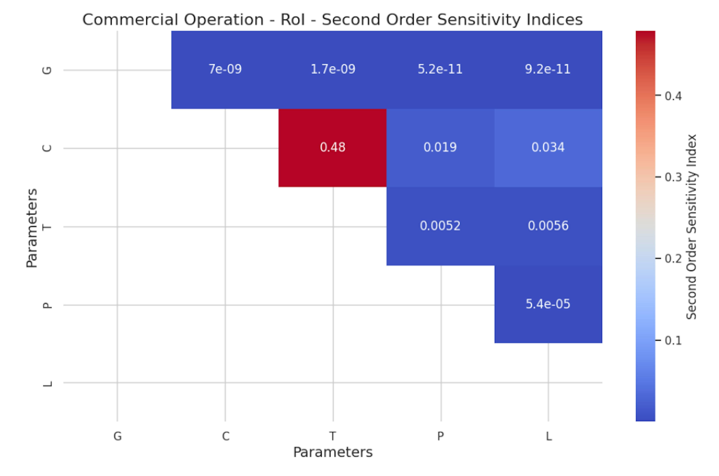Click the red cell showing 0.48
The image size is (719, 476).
333,147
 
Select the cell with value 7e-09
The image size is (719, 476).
225,69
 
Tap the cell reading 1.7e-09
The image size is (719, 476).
333,69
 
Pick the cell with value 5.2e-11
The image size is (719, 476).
440,69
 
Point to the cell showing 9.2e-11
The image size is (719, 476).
548,69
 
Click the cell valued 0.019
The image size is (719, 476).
440,147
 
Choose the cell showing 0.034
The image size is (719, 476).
548,147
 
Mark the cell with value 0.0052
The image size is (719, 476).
440,226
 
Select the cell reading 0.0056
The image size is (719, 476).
548,226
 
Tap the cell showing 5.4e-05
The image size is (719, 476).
548,304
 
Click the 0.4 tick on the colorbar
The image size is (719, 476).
673,96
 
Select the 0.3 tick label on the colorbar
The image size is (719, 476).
673,177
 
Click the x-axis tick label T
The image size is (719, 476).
333,437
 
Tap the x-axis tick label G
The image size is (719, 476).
118,437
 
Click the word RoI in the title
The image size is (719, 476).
292,20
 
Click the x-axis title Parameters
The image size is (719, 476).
333,452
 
